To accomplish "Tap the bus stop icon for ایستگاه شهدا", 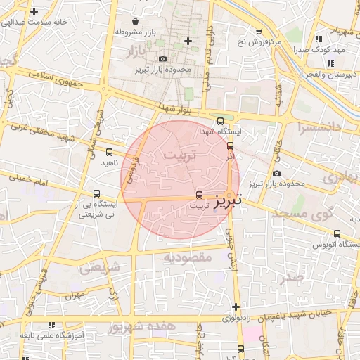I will point(221,121).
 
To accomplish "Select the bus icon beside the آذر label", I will point(230,146).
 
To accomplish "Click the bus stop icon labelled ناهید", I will point(108,152).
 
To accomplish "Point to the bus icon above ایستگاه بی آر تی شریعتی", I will point(96,193).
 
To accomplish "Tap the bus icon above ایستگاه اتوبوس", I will point(337,233).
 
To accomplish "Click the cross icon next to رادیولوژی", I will point(236,307).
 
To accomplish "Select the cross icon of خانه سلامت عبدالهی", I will point(34,11).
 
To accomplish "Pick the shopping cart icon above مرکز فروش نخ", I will point(259,32).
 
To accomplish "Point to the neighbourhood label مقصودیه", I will point(188,257).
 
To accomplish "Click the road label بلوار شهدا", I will point(175,108).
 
